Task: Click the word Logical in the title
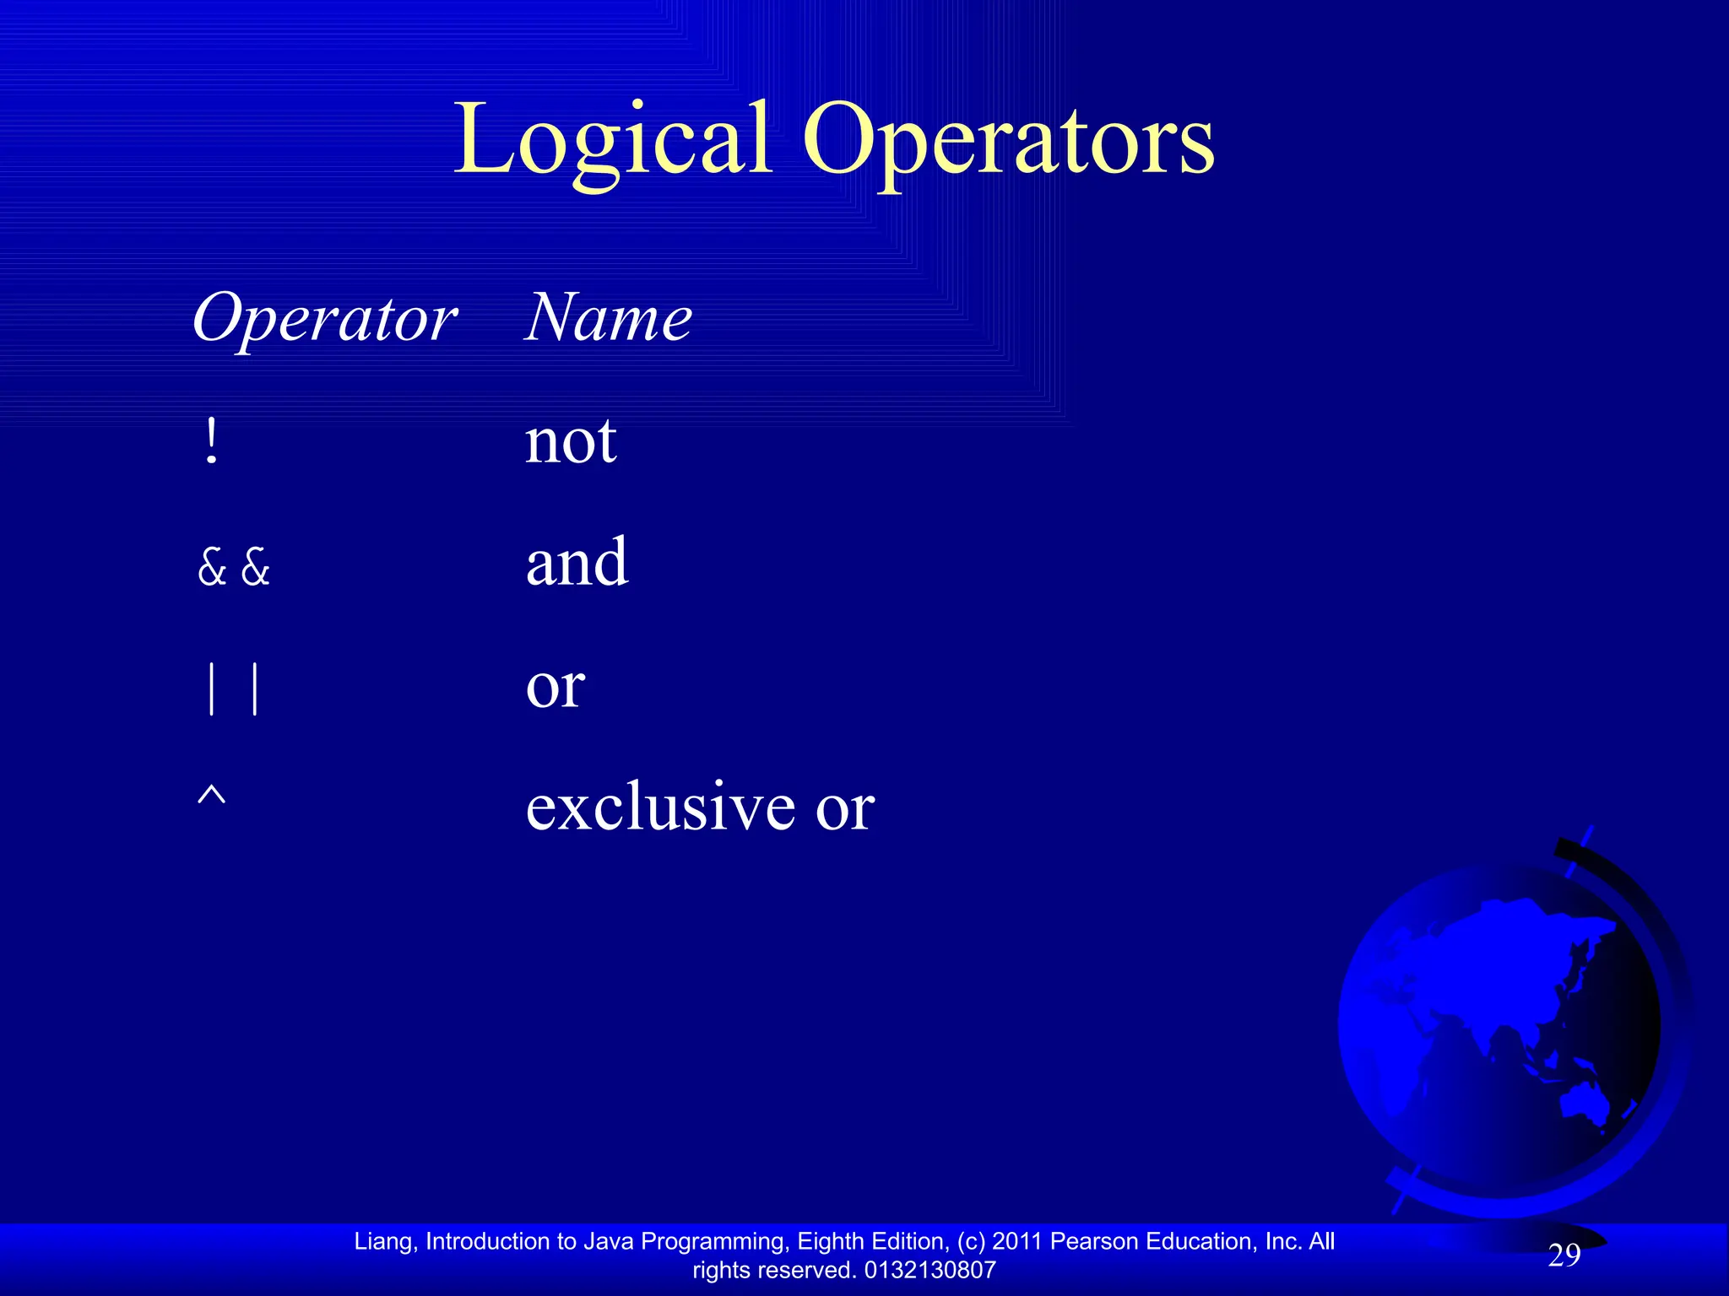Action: click(613, 139)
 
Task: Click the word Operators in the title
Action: click(1008, 139)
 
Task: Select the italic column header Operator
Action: click(325, 319)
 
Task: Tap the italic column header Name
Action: click(608, 317)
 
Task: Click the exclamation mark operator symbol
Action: click(211, 442)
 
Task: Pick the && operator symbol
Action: click(234, 566)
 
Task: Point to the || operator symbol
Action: click(233, 688)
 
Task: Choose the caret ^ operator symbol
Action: click(211, 796)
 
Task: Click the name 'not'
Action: click(571, 442)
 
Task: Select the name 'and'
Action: click(577, 564)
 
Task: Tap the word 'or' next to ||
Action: click(555, 686)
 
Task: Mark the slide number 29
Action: click(1564, 1255)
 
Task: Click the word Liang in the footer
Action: click(383, 1241)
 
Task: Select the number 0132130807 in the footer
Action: click(930, 1270)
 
